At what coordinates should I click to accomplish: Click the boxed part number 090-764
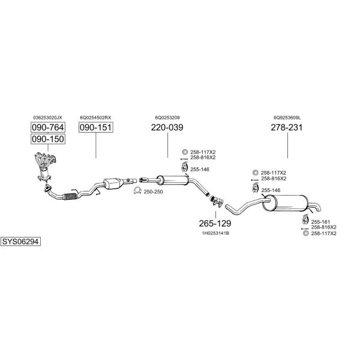click(48, 127)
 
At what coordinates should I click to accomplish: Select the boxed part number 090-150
click(48, 139)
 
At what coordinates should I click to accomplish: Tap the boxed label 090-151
click(96, 127)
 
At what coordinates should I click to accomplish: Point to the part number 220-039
click(167, 127)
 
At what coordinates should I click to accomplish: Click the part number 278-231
click(287, 127)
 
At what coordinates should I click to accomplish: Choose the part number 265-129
click(215, 223)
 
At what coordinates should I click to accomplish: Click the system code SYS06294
click(20, 242)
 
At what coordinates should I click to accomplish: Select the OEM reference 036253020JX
click(47, 118)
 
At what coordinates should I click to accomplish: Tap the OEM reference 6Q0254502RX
click(95, 118)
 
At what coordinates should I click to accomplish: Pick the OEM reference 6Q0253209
click(167, 118)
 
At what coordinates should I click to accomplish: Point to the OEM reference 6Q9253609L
click(287, 118)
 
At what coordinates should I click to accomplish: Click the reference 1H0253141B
click(215, 233)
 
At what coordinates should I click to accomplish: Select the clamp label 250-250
click(153, 192)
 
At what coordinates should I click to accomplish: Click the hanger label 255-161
click(320, 222)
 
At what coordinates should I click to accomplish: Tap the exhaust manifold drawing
click(45, 166)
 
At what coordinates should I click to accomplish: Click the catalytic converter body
click(113, 183)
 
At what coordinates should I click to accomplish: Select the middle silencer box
click(173, 180)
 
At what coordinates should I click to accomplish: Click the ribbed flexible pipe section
click(70, 197)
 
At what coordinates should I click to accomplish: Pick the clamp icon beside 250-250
click(137, 191)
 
